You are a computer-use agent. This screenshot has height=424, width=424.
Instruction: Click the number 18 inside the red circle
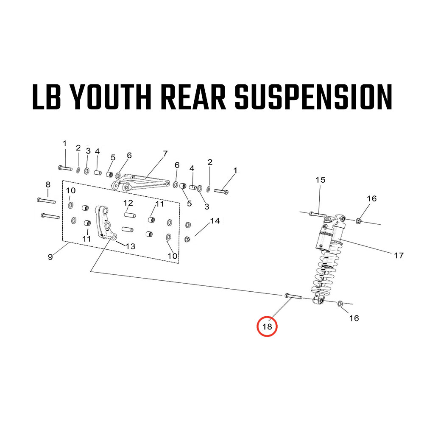click(x=268, y=326)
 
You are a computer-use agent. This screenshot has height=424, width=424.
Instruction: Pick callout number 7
click(x=165, y=153)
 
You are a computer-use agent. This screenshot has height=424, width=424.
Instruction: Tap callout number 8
click(x=48, y=184)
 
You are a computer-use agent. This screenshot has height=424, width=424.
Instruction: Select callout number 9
click(x=50, y=257)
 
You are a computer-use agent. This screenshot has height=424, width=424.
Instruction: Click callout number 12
click(x=128, y=203)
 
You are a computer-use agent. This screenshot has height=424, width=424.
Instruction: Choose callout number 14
click(x=215, y=221)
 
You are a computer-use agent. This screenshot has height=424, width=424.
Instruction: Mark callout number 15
click(x=320, y=180)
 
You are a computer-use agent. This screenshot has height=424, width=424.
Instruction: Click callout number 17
click(x=399, y=255)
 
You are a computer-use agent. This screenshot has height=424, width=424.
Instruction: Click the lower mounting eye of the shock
click(x=318, y=300)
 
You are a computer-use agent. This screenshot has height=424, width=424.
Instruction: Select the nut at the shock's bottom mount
click(x=340, y=304)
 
